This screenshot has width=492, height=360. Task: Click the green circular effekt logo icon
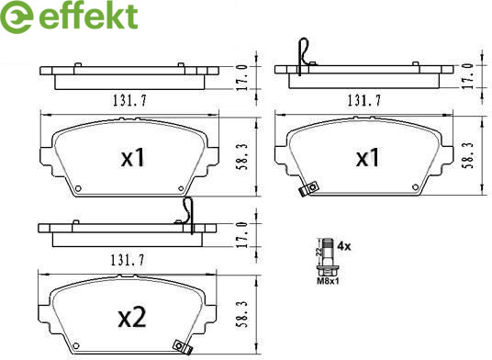(x=16, y=17)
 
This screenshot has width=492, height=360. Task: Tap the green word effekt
(x=88, y=15)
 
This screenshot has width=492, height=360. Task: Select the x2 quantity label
(x=132, y=318)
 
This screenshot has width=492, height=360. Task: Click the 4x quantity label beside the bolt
(x=344, y=246)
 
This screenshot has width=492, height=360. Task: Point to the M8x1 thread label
(x=328, y=281)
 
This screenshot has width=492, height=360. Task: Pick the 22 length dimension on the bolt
(x=319, y=252)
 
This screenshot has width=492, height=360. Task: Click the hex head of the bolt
(x=328, y=271)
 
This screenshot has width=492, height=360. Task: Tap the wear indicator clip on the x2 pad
(x=182, y=347)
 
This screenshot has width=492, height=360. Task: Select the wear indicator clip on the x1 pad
(x=308, y=189)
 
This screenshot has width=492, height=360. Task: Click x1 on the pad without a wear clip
(x=133, y=158)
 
